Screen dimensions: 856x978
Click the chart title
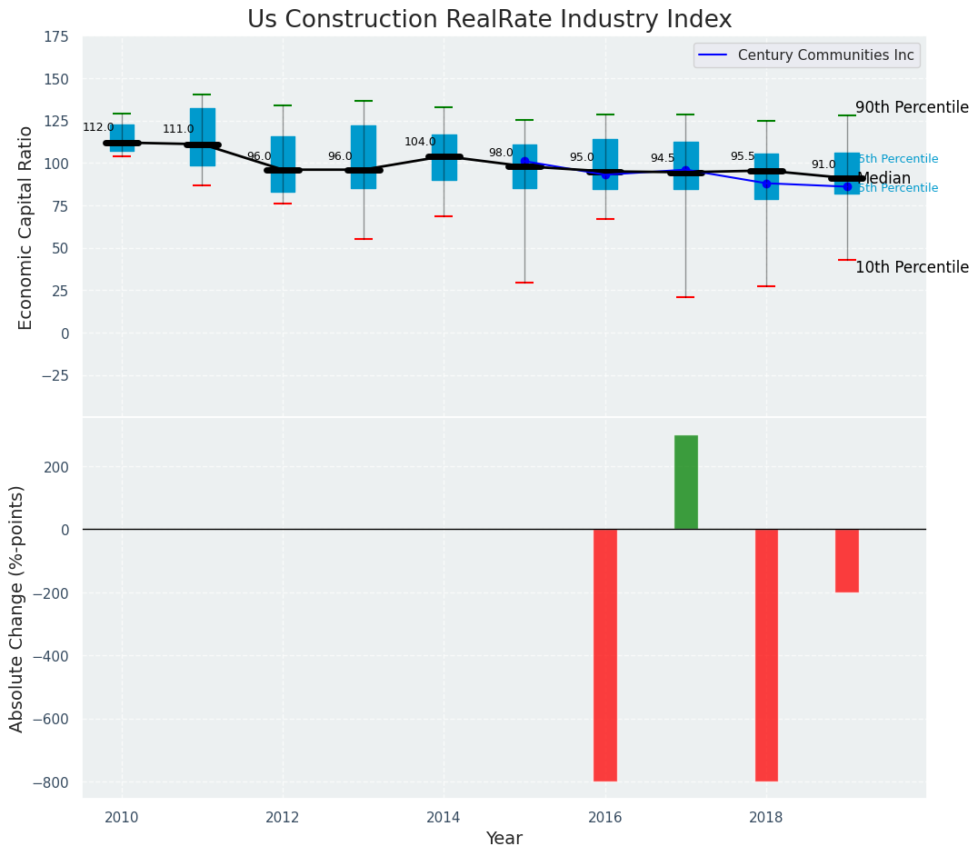point(489,20)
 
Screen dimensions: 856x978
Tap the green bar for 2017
point(686,482)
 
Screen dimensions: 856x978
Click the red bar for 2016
point(605,654)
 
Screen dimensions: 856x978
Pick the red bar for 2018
point(766,654)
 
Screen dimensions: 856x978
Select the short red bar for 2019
point(847,560)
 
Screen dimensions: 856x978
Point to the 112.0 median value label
point(98,127)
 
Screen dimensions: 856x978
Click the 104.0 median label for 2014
point(420,142)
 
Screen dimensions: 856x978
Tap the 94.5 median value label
point(663,158)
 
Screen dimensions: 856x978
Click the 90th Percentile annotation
point(912,107)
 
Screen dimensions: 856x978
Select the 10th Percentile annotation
point(912,267)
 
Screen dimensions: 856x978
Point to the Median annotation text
point(883,178)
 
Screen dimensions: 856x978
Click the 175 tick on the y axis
point(56,36)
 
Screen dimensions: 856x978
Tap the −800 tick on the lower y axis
point(51,782)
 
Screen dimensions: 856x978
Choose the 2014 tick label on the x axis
point(444,817)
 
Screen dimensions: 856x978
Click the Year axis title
point(504,839)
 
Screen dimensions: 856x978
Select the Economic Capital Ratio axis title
point(25,227)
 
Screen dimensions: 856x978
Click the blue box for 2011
point(203,136)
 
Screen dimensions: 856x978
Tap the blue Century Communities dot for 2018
point(766,184)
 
